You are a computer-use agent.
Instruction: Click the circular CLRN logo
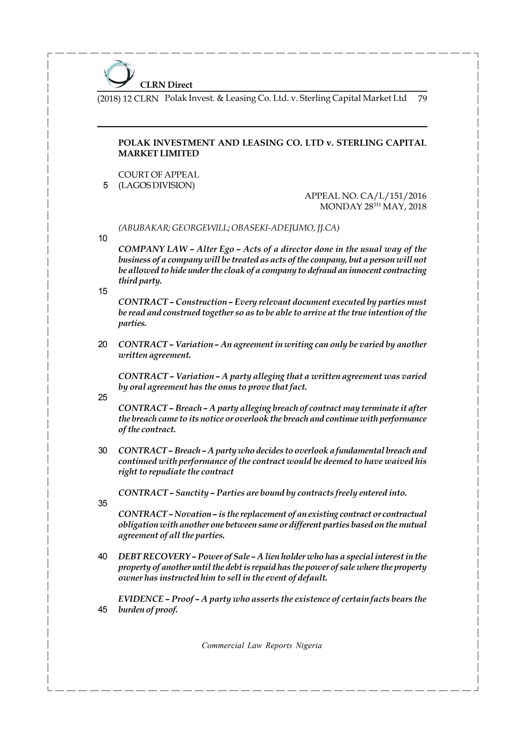point(119,74)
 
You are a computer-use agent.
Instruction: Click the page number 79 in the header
point(422,99)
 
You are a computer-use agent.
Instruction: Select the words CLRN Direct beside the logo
point(166,85)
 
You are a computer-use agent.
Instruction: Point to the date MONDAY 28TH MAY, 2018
point(373,206)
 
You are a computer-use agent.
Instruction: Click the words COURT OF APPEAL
point(158,175)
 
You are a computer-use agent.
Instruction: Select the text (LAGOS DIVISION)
point(157,185)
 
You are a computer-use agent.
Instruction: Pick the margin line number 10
point(103,239)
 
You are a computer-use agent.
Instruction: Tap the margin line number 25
point(103,397)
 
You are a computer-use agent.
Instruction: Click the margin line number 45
point(103,609)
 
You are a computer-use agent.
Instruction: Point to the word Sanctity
point(192,493)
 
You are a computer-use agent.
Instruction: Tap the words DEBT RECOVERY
point(154,556)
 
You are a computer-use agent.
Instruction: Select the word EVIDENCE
point(141,599)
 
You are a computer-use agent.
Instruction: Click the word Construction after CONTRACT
point(200,302)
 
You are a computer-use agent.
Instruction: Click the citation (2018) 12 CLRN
point(128,99)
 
